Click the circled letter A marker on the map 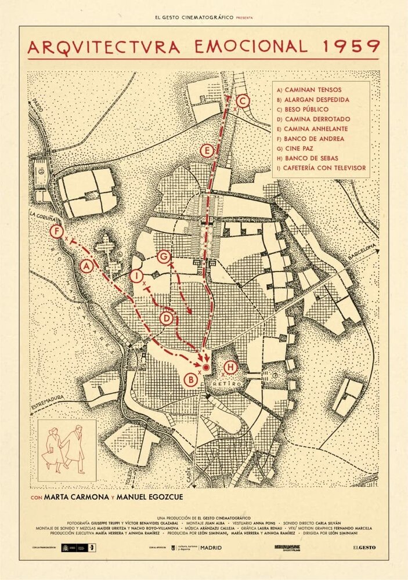coord(86,266)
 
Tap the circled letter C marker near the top coord(243,101)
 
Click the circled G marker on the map coord(164,256)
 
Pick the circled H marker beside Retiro coord(230,367)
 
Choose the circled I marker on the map coord(136,276)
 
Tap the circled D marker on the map coord(167,318)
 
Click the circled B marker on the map coord(189,380)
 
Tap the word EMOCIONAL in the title coord(252,46)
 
